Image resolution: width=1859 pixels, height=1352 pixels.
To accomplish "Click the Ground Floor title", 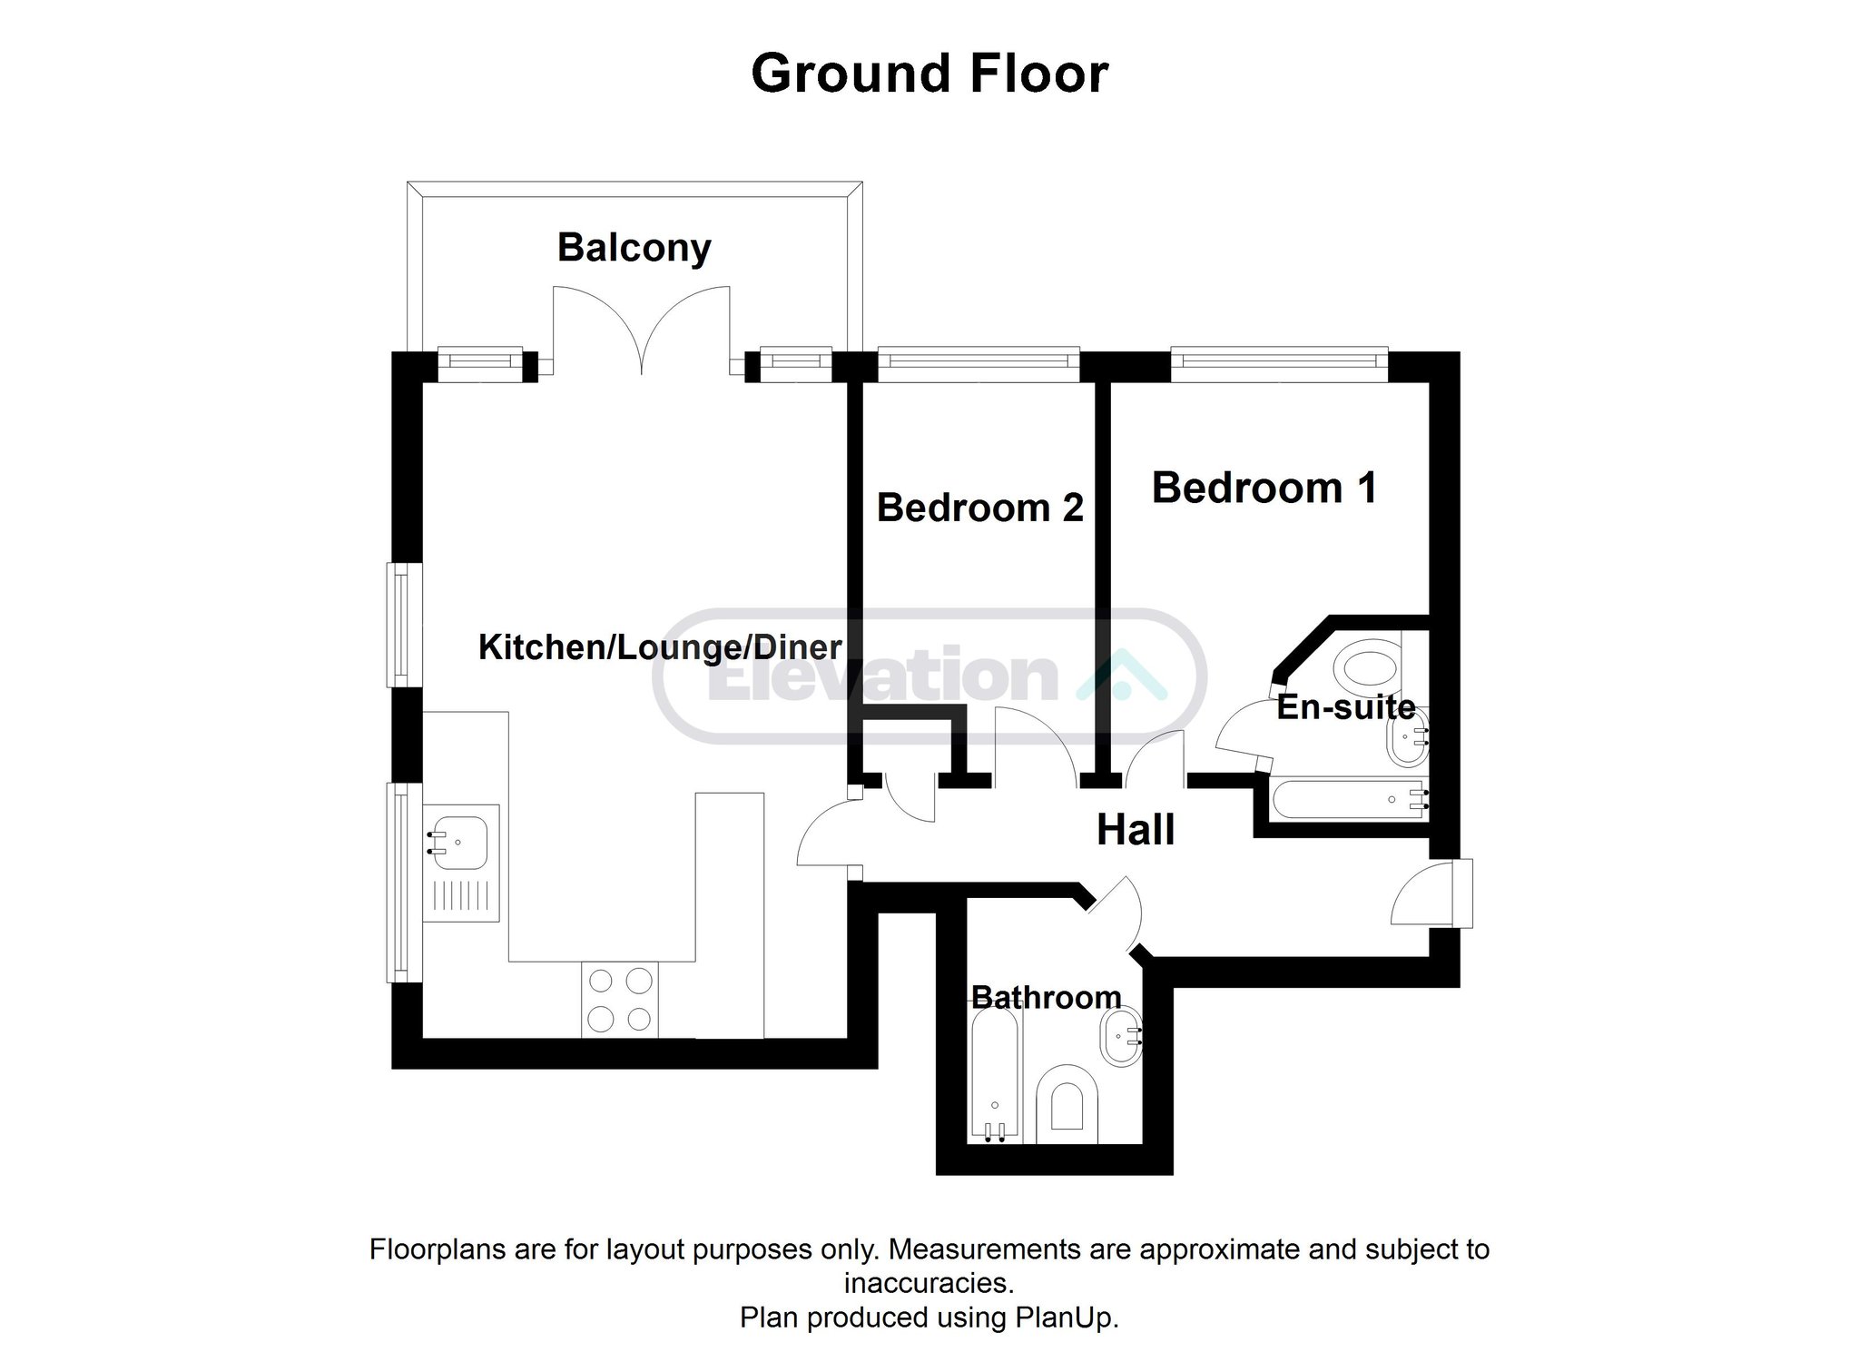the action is pyautogui.click(x=929, y=74).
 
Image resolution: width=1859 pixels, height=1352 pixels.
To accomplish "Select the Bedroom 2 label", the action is pyautogui.click(x=980, y=508).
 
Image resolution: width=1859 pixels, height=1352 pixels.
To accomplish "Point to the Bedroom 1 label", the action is pyautogui.click(x=1264, y=488).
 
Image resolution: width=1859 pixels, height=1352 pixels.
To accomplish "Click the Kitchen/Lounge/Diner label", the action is pyautogui.click(x=660, y=647).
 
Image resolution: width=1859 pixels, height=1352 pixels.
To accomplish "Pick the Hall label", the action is pyautogui.click(x=1136, y=830).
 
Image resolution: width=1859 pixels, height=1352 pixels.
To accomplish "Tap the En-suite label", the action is pyautogui.click(x=1346, y=706).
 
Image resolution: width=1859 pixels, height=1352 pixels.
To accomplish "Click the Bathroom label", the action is pyautogui.click(x=1046, y=998).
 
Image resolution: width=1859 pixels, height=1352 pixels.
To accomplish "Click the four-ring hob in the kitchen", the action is pyautogui.click(x=620, y=999).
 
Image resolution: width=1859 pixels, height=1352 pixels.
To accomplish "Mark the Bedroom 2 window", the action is pyautogui.click(x=979, y=363).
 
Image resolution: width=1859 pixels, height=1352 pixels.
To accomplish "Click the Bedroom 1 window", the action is pyautogui.click(x=1280, y=363).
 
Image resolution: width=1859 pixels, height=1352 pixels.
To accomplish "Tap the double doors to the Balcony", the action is pyautogui.click(x=642, y=331).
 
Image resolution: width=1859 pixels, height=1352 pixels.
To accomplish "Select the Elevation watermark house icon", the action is pyautogui.click(x=1122, y=675).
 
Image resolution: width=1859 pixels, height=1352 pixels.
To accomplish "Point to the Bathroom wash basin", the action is pyautogui.click(x=1119, y=1039).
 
